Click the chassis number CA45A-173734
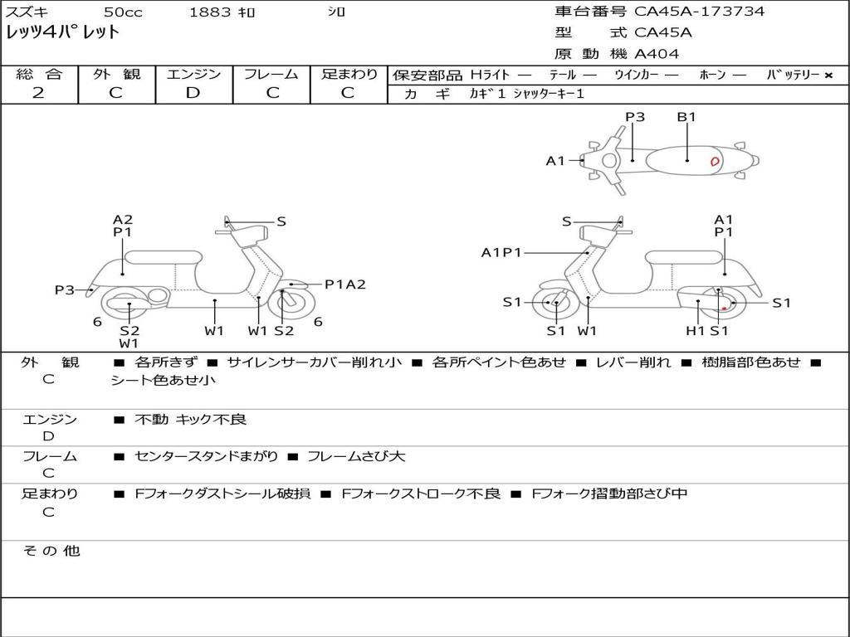699,12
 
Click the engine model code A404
657,54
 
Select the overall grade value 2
38,93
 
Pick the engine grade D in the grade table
193,93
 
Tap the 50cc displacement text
123,12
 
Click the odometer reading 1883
210,12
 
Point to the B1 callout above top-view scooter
686,116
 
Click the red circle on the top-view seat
715,161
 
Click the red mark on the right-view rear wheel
724,309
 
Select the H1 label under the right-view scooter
695,330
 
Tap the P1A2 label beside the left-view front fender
345,284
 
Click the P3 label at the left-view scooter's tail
65,289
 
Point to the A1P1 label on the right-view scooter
501,252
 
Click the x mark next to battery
828,75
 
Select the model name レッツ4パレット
62,32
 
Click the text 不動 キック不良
190,419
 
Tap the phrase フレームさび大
356,456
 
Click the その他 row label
51,551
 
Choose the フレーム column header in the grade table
271,74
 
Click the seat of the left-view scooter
164,257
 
